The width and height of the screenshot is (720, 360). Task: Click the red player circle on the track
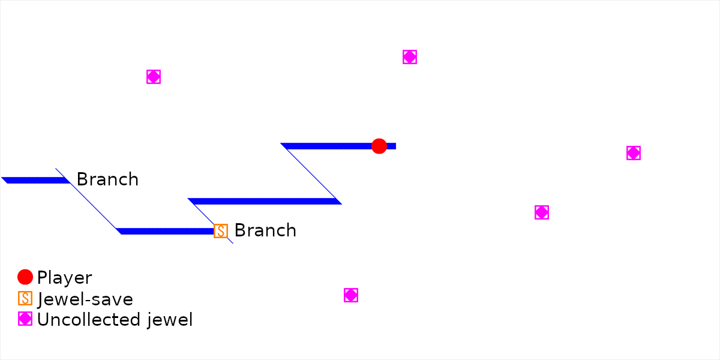379,146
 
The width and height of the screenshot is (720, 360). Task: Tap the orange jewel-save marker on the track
221,231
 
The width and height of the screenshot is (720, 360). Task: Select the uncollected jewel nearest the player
410,57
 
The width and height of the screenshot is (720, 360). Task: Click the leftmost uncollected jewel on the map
154,77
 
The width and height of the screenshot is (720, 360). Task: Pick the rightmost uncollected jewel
633,153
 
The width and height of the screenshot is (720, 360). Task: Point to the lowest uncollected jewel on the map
351,295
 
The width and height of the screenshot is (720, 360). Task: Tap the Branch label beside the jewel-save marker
265,230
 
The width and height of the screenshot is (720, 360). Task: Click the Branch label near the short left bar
107,179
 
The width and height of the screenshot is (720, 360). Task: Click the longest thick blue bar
265,201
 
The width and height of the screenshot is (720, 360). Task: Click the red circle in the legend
25,277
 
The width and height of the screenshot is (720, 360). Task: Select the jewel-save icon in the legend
25,298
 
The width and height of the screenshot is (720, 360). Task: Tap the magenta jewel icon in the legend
25,319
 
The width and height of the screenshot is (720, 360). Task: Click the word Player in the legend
64,278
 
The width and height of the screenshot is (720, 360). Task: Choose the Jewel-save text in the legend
85,299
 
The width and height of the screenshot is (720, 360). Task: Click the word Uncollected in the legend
89,320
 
